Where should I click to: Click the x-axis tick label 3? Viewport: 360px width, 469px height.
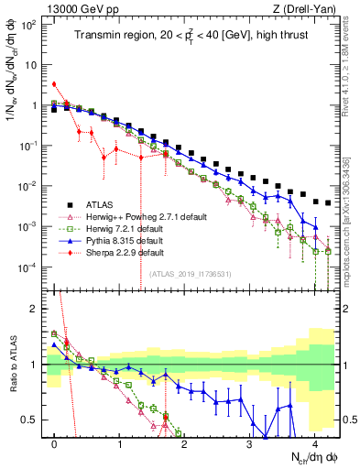click(x=249, y=444)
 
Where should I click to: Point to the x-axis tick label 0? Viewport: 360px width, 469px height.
click(x=55, y=444)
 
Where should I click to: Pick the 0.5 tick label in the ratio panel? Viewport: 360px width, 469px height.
click(x=31, y=420)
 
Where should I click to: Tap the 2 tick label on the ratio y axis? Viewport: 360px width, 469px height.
click(x=35, y=309)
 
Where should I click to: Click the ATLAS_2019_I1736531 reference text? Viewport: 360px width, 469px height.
click(x=191, y=273)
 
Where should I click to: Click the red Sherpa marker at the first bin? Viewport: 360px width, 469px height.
click(x=55, y=84)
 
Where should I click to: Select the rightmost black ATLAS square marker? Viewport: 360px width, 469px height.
click(x=327, y=202)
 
